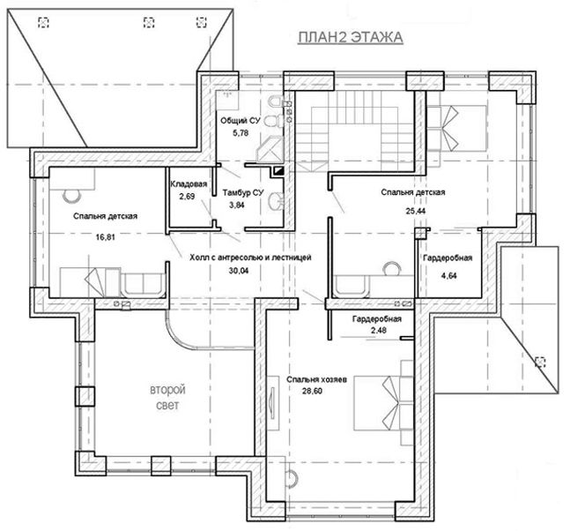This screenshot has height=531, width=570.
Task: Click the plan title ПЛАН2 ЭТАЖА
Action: coord(351,37)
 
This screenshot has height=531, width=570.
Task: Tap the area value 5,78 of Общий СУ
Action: coord(241,133)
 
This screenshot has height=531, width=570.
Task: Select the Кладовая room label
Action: coord(189,183)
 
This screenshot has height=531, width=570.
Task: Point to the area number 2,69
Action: coord(187,196)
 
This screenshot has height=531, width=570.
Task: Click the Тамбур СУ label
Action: coord(243,192)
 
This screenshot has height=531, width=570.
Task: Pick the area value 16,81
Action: coord(106,237)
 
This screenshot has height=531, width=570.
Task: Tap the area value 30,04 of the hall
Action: coord(239,271)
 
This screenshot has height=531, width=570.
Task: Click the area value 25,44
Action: coord(416,211)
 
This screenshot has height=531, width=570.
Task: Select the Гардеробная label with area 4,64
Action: coord(448,258)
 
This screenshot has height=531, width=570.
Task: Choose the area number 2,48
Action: coord(379,331)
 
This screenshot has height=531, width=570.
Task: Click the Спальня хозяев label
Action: coord(316,379)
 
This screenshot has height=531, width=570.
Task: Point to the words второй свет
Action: coord(167,397)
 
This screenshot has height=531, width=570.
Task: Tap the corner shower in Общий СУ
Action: coord(270,149)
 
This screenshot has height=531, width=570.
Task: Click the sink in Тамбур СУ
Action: coord(277,201)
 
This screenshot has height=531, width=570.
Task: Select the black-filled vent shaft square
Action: coord(278,170)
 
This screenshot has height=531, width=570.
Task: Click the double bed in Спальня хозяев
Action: coord(383,403)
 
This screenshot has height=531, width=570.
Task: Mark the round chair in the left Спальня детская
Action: coord(72,196)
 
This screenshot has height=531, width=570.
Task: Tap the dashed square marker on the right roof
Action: coord(540,362)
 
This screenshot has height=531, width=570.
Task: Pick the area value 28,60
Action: coord(312,392)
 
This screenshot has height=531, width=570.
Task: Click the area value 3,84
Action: coord(237,205)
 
